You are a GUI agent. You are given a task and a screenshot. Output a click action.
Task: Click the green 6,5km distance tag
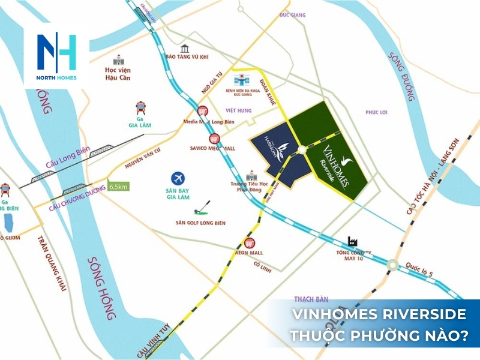[x=119, y=187]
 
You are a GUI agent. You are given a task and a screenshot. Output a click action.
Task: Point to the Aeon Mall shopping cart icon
[x=250, y=243]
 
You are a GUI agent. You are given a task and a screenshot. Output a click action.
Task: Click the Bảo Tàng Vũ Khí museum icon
[x=185, y=49]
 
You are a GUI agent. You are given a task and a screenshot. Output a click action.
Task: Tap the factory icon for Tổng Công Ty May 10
[x=352, y=242]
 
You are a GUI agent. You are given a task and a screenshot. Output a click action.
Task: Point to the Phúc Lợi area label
[x=376, y=112]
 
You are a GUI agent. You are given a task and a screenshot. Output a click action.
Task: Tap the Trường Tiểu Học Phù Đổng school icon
[x=251, y=175]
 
